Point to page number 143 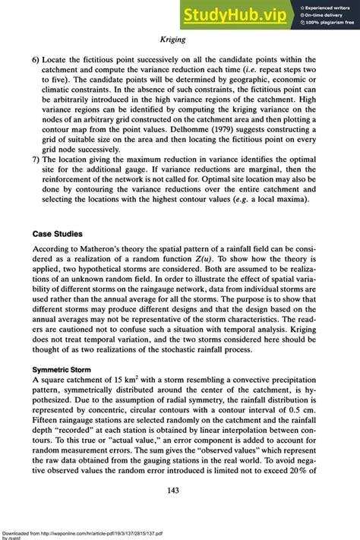click(x=180, y=490)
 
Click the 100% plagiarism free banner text click(x=327, y=22)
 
